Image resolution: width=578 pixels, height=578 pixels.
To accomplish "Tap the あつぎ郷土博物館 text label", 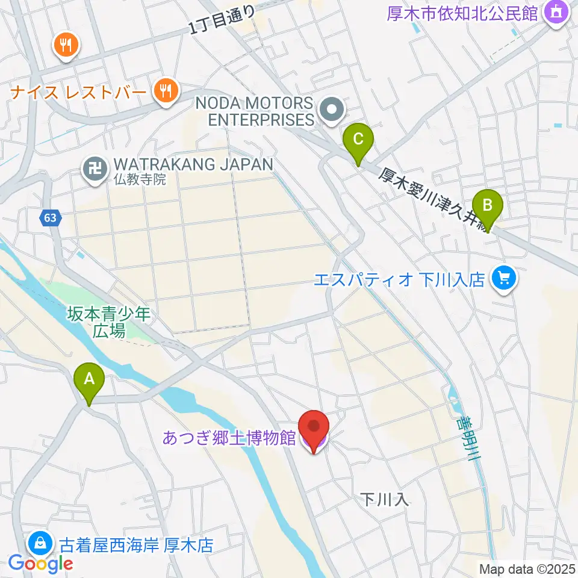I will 228,438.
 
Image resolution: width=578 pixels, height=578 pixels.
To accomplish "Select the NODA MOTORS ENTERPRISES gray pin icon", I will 331,110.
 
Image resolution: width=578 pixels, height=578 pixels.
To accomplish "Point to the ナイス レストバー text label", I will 78,93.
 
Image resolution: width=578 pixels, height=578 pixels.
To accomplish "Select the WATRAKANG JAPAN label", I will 193,164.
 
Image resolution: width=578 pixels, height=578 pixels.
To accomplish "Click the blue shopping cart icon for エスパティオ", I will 504,278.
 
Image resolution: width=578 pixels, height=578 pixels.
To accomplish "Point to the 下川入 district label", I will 385,499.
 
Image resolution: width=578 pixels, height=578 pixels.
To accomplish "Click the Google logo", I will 41,564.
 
